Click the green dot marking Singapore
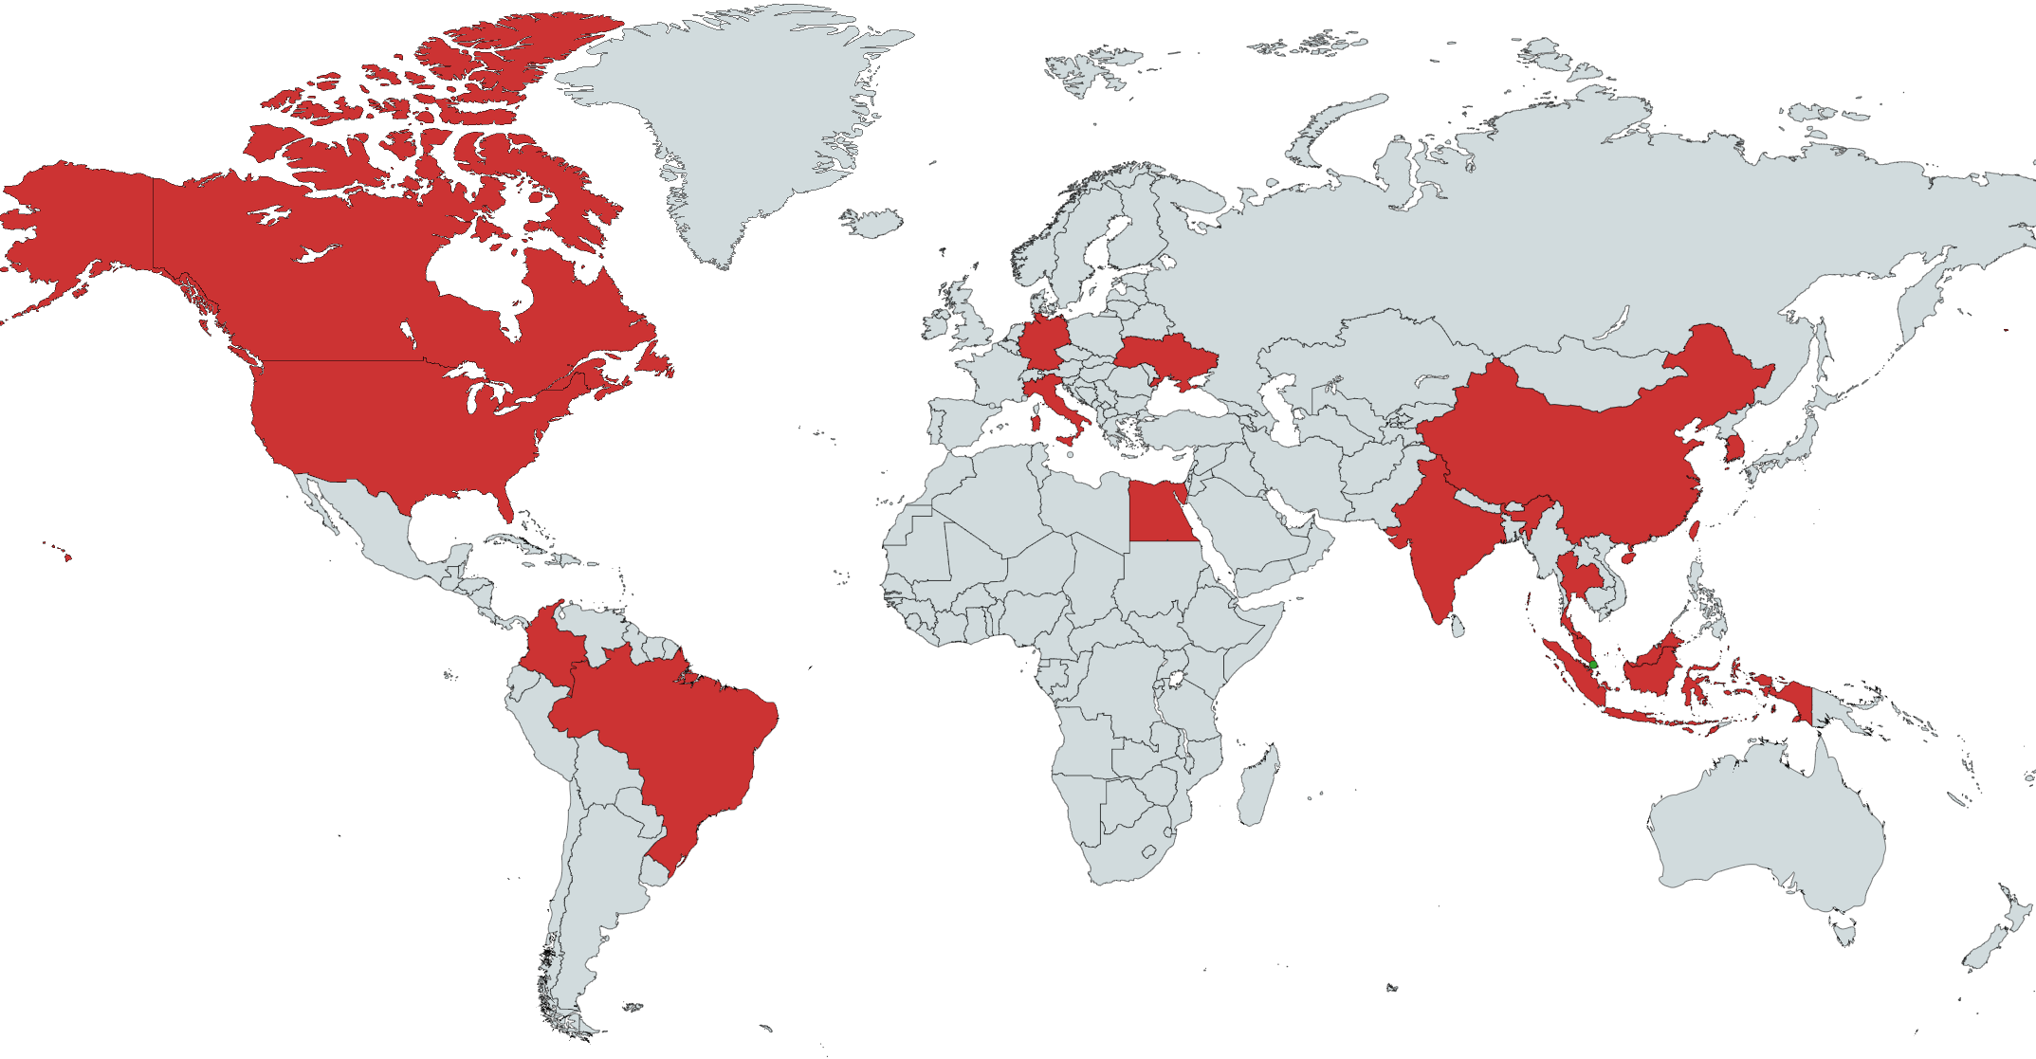click(1593, 666)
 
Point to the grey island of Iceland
click(871, 224)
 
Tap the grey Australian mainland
click(1764, 834)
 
